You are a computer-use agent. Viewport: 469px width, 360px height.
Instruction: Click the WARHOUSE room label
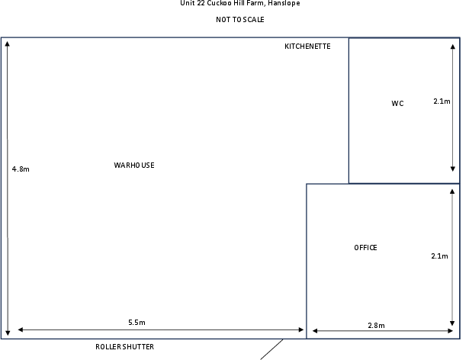coord(134,166)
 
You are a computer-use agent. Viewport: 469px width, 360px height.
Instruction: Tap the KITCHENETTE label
coord(307,47)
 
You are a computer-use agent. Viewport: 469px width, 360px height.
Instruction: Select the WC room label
coord(397,104)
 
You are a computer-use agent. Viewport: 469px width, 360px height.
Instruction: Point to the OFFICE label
coord(365,248)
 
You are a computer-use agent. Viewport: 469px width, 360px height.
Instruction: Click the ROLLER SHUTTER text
coord(125,347)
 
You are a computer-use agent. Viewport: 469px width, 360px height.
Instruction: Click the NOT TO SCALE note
coord(240,20)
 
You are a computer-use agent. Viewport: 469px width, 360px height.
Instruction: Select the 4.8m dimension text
coord(21,169)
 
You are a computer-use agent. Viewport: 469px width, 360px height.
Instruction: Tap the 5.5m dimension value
coord(137,323)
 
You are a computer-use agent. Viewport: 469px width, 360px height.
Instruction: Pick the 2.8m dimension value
coord(376,326)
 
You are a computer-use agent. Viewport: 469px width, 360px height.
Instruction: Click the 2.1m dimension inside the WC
coord(442,101)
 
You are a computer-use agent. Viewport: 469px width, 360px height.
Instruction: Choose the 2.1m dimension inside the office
coord(439,256)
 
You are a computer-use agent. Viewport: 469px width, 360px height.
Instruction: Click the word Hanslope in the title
coord(284,3)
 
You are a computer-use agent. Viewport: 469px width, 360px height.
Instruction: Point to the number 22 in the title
coord(201,3)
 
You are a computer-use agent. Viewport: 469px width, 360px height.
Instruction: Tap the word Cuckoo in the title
coord(219,3)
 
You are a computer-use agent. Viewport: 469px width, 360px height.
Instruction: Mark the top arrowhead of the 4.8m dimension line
coord(8,43)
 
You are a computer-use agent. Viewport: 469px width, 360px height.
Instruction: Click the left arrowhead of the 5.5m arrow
coord(21,329)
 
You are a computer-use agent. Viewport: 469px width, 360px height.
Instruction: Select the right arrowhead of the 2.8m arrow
coord(451,331)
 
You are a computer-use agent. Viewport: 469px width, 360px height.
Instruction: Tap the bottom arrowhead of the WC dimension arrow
coord(453,169)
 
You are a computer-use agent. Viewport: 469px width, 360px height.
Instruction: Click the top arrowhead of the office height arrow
coord(452,191)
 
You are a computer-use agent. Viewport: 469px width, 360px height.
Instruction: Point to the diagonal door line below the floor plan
coord(271,349)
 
